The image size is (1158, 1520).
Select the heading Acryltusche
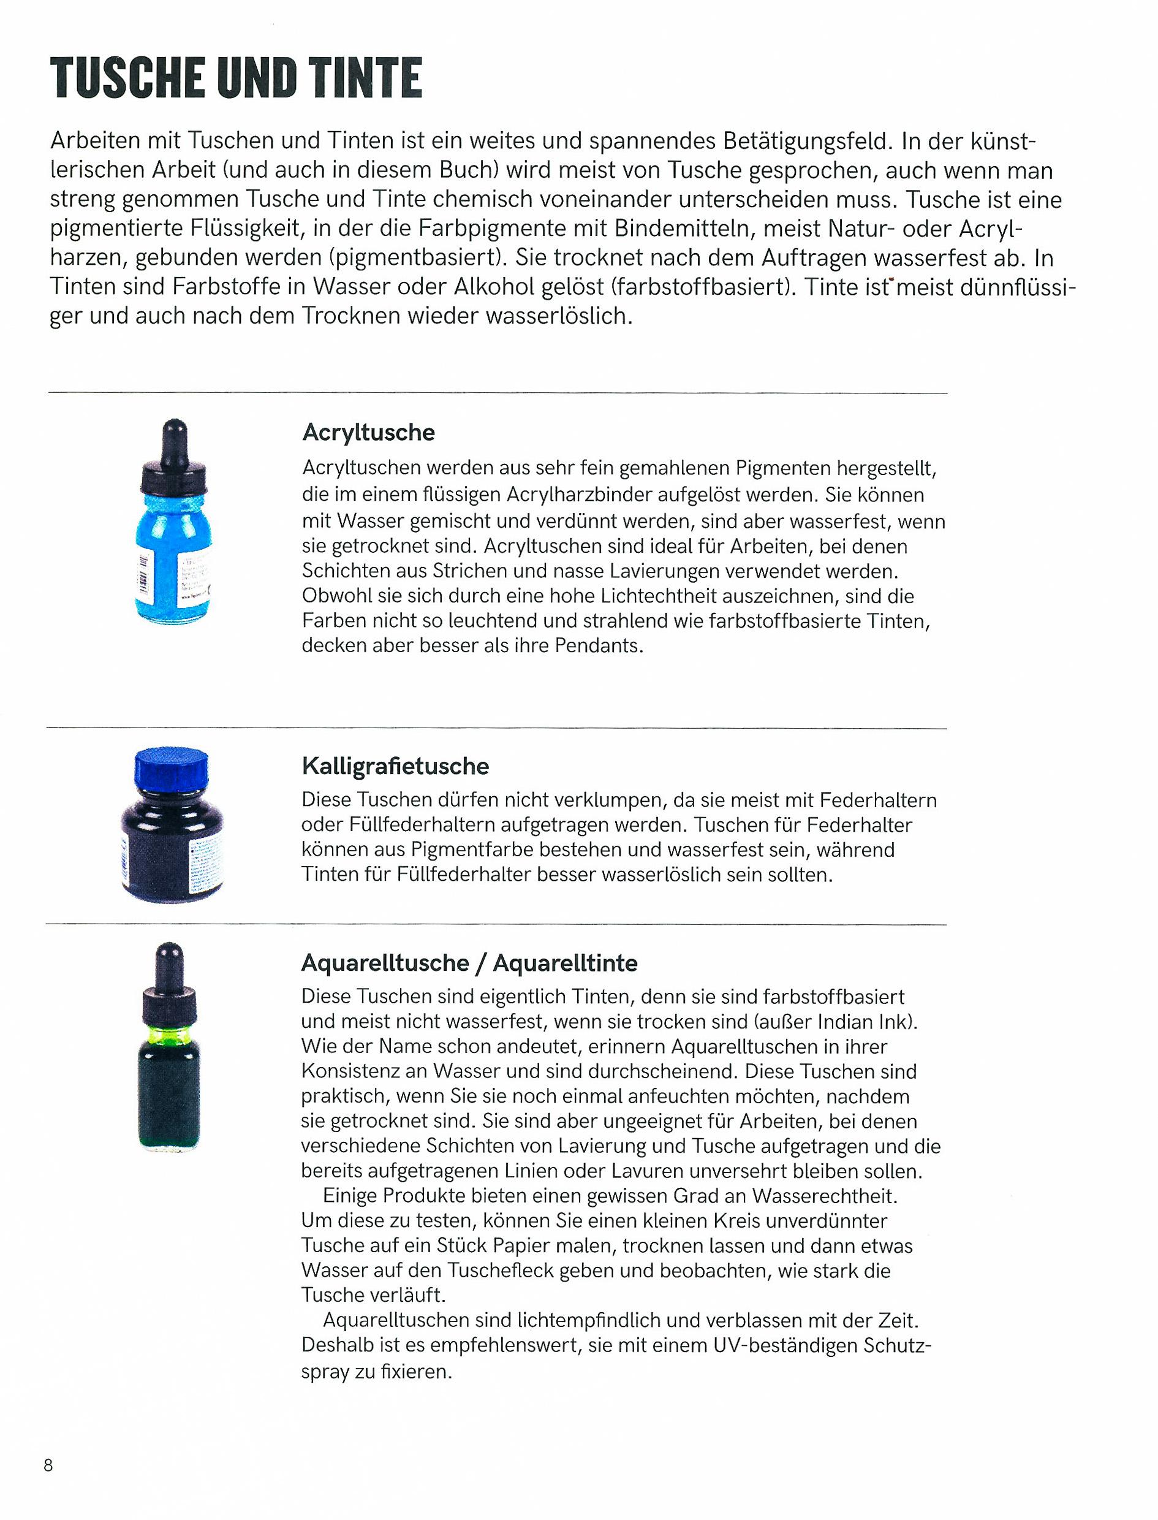point(369,432)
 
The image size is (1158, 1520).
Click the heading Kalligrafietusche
point(395,766)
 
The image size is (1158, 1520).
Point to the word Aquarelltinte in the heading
point(565,962)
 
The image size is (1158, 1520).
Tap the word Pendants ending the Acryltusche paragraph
point(597,646)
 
